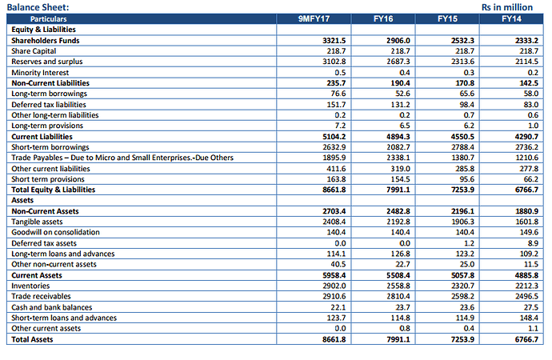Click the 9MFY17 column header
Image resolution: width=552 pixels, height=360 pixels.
[314, 18]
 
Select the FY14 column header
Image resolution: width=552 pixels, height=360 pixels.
[511, 18]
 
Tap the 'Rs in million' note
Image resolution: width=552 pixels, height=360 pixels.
[507, 7]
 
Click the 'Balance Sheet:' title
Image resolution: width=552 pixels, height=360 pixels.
[38, 7]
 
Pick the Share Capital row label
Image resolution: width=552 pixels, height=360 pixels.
[34, 51]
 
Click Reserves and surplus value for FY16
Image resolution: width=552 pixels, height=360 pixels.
[398, 62]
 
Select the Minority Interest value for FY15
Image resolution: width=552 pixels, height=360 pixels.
[469, 73]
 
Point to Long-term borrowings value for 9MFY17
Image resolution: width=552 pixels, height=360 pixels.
[338, 94]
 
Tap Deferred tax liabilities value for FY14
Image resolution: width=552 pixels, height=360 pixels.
[530, 105]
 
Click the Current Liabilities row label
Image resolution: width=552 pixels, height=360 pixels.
[42, 137]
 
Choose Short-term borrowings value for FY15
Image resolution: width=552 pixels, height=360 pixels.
[462, 147]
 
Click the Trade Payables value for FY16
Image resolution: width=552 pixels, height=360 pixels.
[398, 158]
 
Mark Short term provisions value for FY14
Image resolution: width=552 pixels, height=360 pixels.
[530, 179]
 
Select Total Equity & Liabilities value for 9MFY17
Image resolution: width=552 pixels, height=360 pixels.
[334, 190]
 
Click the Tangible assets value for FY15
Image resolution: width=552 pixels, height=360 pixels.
[462, 222]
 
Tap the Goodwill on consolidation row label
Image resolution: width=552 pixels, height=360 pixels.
[56, 232]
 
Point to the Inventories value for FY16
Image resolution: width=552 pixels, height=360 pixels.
[398, 286]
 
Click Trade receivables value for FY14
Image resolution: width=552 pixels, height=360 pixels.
[526, 296]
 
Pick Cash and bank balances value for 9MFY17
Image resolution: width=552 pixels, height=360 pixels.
[338, 307]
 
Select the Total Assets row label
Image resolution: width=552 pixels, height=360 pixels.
[32, 339]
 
